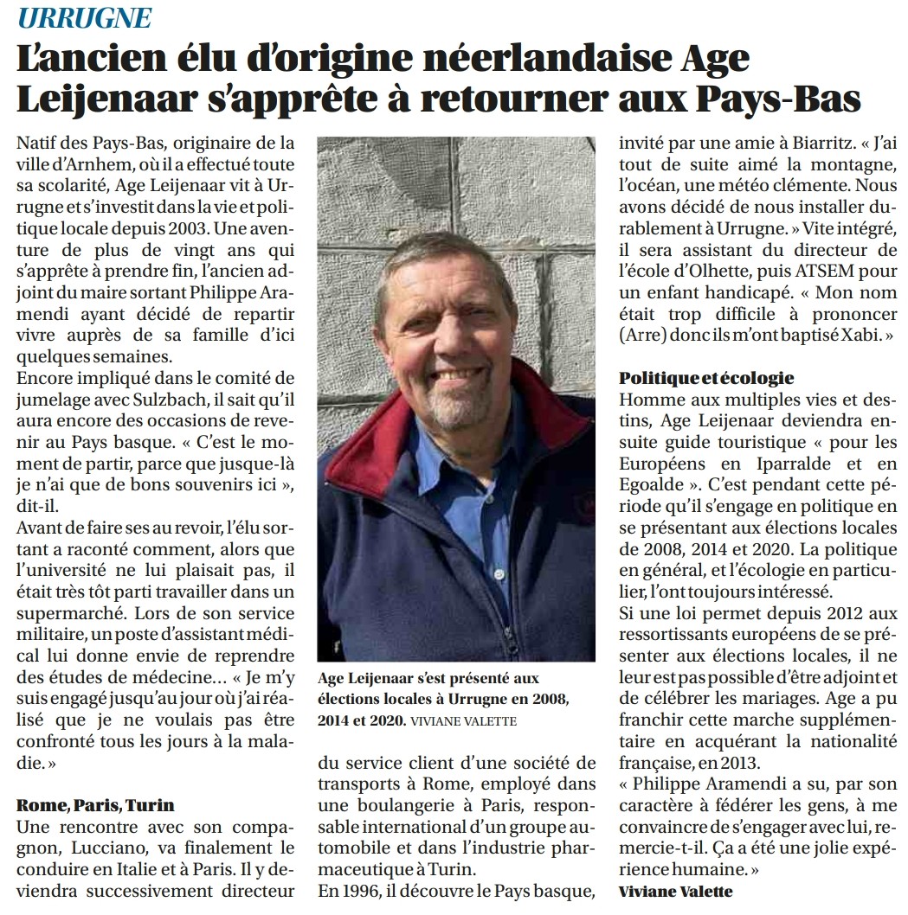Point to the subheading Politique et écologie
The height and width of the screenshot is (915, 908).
tap(706, 378)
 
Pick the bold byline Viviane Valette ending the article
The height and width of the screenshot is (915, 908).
tap(675, 891)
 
